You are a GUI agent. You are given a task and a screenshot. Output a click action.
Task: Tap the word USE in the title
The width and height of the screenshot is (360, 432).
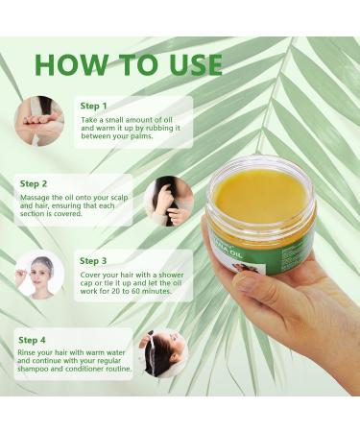pyautogui.click(x=196, y=64)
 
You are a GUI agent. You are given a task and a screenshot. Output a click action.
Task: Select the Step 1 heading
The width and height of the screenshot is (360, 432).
pyautogui.click(x=93, y=106)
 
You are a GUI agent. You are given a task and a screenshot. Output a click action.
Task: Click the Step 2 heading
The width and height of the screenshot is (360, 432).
pyautogui.click(x=34, y=183)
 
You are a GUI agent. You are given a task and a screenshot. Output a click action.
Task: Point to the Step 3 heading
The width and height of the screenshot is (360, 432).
pyautogui.click(x=93, y=261)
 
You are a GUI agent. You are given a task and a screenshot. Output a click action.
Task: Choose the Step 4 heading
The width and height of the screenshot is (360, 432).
pyautogui.click(x=32, y=340)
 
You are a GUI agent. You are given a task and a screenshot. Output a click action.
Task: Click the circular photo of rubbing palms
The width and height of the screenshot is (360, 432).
pyautogui.click(x=39, y=121)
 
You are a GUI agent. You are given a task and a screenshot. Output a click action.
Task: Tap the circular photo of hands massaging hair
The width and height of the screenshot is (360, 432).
pyautogui.click(x=169, y=201)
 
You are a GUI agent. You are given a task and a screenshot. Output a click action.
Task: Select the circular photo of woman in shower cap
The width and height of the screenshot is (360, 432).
pyautogui.click(x=39, y=276)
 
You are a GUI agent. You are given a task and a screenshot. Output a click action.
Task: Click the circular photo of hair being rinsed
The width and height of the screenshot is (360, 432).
pyautogui.click(x=163, y=353)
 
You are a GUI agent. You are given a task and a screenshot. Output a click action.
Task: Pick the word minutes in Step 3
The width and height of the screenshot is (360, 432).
pyautogui.click(x=156, y=291)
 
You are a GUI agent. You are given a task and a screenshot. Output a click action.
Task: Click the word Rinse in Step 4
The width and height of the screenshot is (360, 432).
pyautogui.click(x=26, y=352)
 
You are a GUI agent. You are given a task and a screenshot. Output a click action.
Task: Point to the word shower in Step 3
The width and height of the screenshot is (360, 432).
pyautogui.click(x=172, y=275)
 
